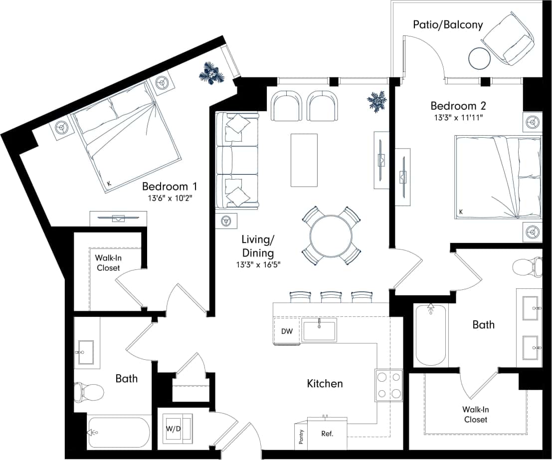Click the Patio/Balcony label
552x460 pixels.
point(448,24)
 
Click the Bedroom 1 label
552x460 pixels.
point(170,187)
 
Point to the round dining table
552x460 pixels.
point(331,235)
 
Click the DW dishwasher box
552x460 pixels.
point(287,331)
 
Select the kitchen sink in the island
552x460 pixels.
point(319,330)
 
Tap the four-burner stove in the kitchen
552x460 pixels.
point(389,386)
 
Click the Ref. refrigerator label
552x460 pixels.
point(327,433)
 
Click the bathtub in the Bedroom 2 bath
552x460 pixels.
point(430,335)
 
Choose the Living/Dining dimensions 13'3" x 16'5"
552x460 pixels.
point(258,264)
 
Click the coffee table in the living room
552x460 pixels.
point(304,160)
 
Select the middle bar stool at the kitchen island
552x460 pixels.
point(330,297)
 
